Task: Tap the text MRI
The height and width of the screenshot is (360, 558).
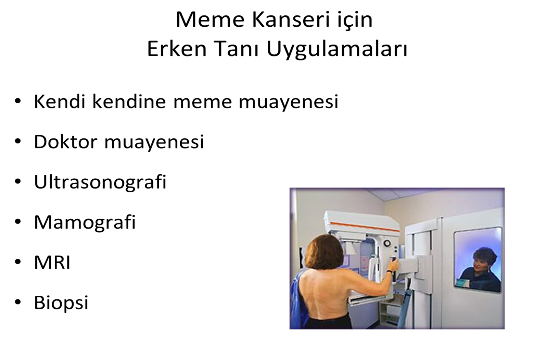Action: click(52, 262)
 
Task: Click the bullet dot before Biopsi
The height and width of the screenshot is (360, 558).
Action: click(18, 302)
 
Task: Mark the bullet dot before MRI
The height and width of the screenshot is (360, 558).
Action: click(18, 262)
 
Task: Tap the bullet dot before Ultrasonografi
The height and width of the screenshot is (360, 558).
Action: click(18, 181)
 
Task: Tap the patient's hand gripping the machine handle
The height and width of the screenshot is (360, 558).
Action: click(393, 266)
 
